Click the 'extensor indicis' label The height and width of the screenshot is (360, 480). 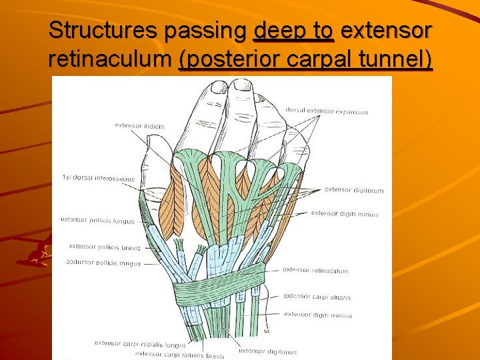point(139,125)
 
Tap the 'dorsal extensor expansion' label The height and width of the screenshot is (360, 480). point(327,111)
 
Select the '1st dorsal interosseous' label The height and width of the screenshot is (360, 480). point(98,178)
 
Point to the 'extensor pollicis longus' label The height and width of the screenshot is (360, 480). point(97,220)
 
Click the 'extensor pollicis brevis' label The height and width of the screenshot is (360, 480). point(105,247)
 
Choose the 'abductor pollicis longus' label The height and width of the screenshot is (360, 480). point(103,263)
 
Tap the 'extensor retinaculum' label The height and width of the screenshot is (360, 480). point(315,271)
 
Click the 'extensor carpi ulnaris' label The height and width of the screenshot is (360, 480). point(317,297)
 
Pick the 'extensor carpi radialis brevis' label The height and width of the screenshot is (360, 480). point(180,354)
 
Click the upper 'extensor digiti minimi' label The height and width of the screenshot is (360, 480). point(345,214)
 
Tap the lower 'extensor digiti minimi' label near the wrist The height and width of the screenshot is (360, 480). point(317,315)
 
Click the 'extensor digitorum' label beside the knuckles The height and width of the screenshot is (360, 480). point(354,190)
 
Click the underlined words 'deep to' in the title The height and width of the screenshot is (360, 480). point(294,30)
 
